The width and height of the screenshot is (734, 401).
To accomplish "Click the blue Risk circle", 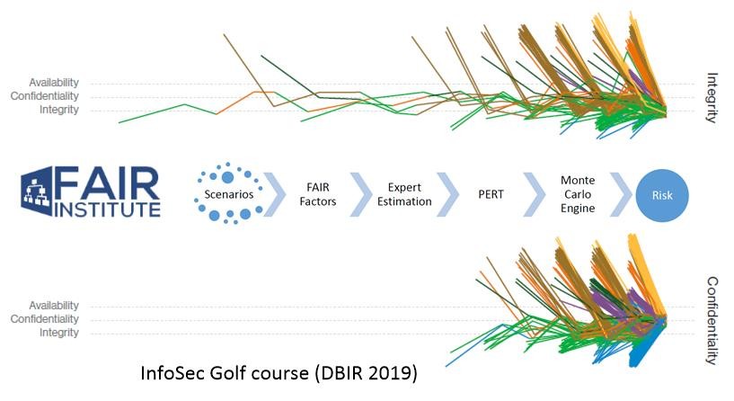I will coord(662,194).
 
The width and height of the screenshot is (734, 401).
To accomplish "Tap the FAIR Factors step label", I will coord(318,195).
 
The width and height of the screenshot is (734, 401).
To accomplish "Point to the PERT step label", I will coord(491,194).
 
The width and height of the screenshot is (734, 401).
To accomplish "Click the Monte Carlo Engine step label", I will coord(578,194).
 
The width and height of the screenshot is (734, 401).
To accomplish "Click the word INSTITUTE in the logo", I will coord(107,209).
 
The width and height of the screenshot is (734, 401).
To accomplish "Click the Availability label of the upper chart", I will coord(54,83).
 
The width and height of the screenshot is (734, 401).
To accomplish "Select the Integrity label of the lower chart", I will coord(59,333).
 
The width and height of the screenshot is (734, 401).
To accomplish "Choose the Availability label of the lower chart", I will coord(54,306).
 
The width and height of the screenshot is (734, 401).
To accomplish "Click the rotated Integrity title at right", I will coord(712,97).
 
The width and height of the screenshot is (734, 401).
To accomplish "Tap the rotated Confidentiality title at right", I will coord(712,320).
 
